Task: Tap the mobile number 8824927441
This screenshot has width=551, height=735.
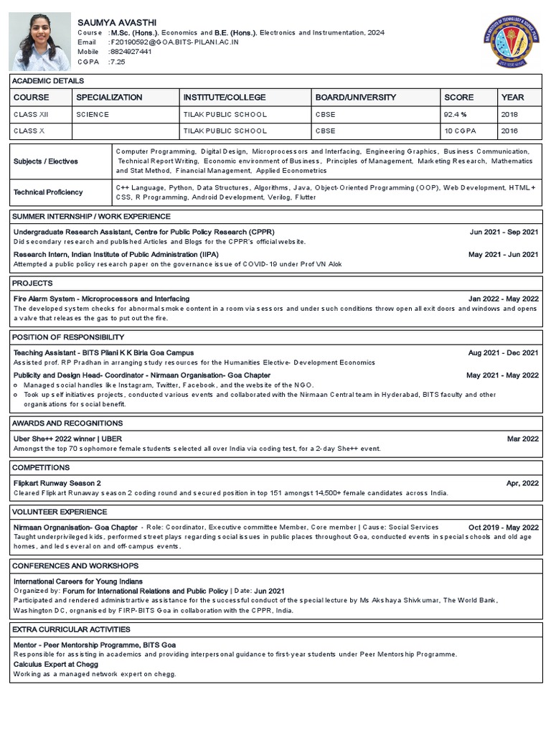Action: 131,52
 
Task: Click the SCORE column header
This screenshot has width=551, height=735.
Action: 459,98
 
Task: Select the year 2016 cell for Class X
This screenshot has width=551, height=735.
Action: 509,131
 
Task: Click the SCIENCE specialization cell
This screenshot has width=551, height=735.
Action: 93,115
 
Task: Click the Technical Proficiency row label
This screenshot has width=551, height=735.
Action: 48,192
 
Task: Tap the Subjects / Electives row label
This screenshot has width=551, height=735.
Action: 46,161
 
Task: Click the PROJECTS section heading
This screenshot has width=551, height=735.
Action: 33,284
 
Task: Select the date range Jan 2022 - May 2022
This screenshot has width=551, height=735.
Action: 503,299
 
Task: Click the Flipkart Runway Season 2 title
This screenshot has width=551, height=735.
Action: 57,483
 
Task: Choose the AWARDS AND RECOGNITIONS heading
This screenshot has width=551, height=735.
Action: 68,423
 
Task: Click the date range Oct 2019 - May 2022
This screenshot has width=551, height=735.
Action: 503,528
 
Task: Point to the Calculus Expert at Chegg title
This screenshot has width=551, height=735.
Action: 55,665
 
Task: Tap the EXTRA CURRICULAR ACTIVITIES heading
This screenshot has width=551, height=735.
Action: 72,629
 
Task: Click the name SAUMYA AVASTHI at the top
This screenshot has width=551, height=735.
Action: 116,23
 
